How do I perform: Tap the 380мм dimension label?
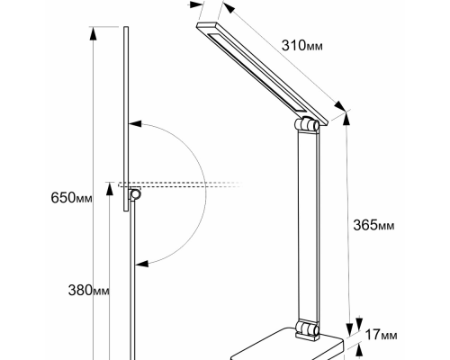[89, 290]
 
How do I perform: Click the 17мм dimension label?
[382, 336]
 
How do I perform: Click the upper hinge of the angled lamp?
[310, 124]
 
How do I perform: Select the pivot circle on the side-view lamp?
[136, 194]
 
